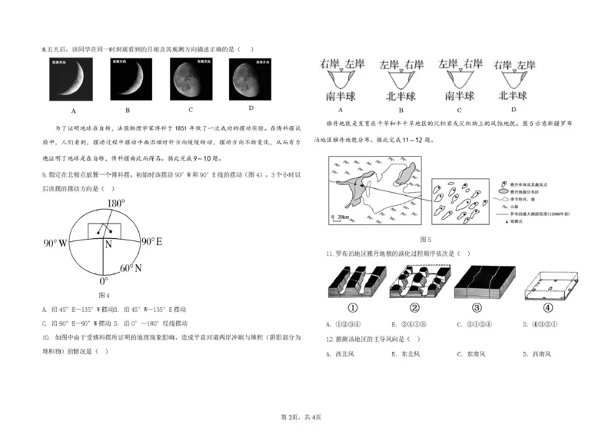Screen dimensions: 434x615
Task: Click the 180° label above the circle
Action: pyautogui.click(x=115, y=204)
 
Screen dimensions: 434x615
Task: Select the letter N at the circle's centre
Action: pyautogui.click(x=108, y=245)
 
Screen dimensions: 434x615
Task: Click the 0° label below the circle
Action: pyautogui.click(x=104, y=282)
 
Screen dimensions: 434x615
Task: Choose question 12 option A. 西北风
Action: pyautogui.click(x=341, y=355)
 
